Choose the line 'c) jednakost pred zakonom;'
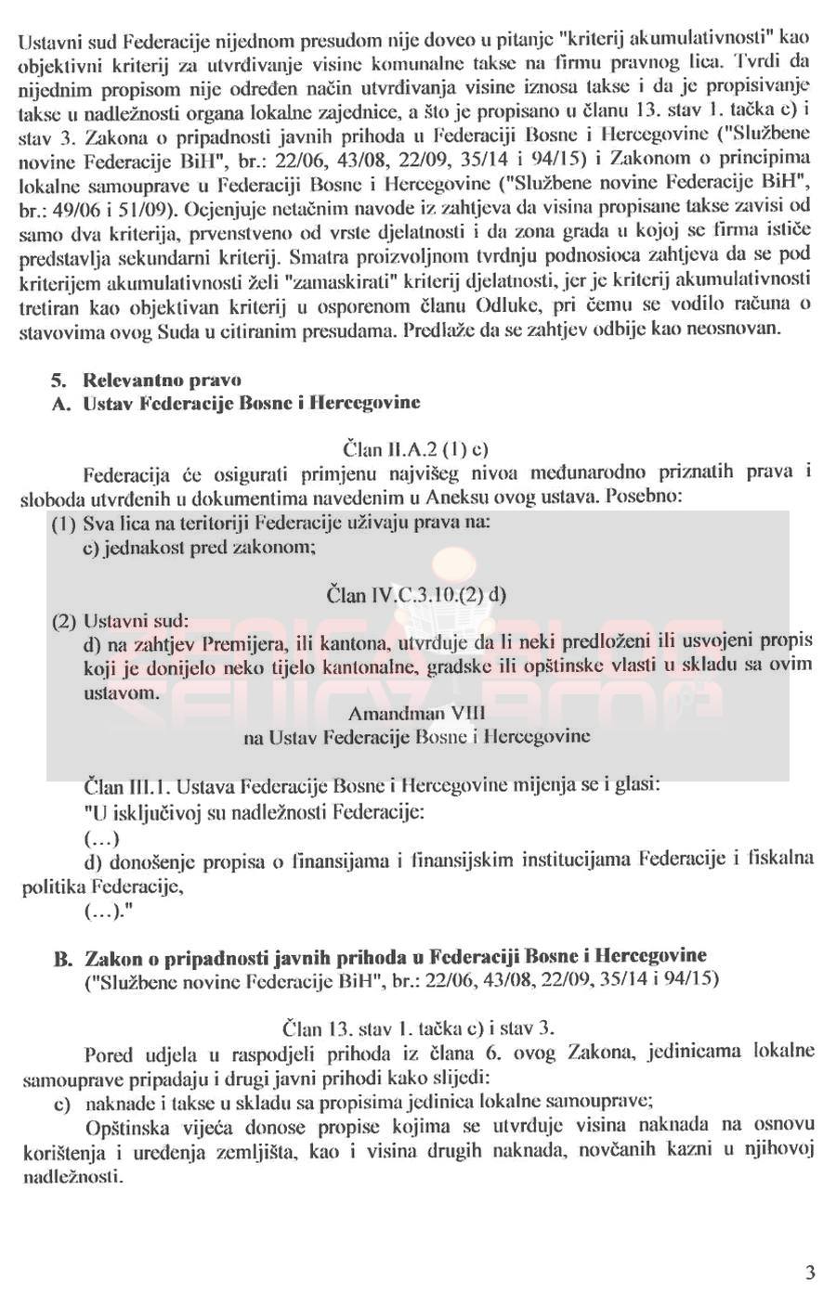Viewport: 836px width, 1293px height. [x=200, y=547]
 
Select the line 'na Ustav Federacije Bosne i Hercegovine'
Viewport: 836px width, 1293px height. [x=416, y=737]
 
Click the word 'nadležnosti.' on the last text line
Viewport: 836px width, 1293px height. [x=72, y=1174]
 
